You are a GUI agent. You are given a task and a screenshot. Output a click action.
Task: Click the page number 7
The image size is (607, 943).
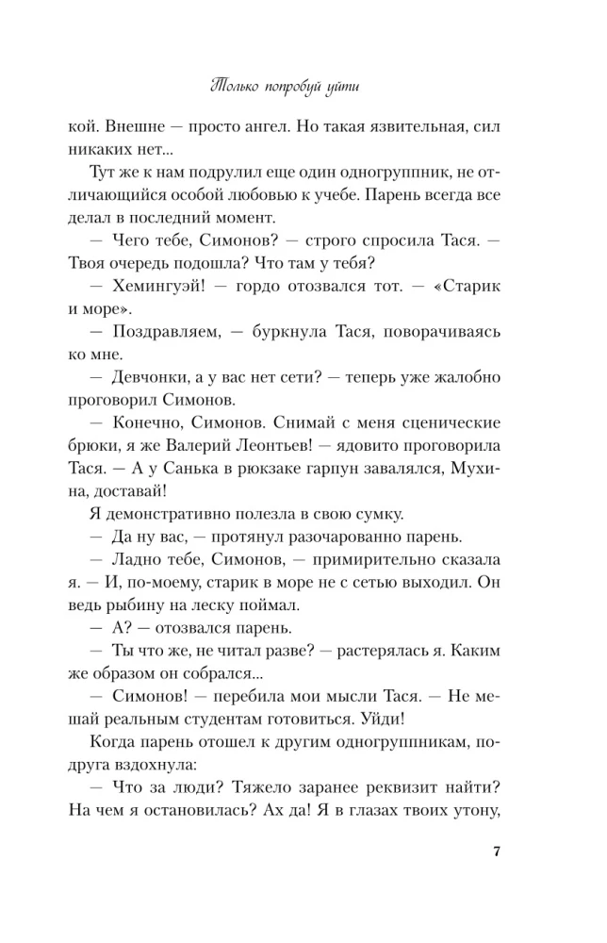click(x=496, y=854)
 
